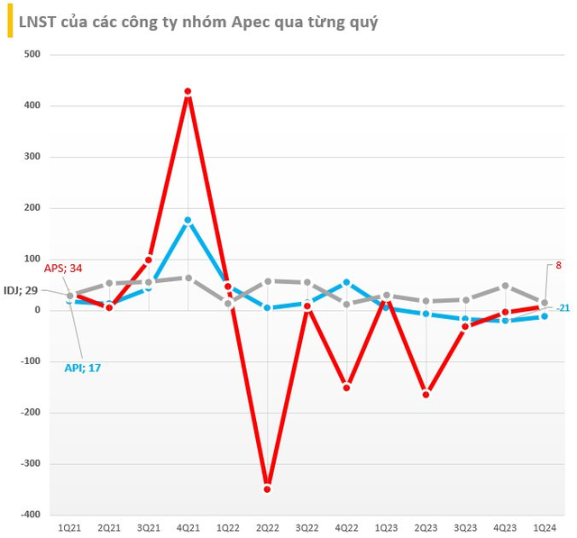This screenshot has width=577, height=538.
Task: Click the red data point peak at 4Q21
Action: [x=188, y=92]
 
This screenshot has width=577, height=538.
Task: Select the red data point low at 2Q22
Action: [x=267, y=488]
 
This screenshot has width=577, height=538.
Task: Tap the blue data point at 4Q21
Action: [x=188, y=220]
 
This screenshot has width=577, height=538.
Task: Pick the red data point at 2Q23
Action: [x=426, y=394]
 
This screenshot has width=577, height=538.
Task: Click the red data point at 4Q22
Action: [x=346, y=388]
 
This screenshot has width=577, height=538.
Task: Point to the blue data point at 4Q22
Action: [x=346, y=282]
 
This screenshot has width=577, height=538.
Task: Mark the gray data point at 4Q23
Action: [x=505, y=286]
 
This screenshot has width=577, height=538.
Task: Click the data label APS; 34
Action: [x=63, y=267]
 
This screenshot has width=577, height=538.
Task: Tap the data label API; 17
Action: [x=84, y=368]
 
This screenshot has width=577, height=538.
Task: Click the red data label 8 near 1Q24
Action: [x=559, y=266]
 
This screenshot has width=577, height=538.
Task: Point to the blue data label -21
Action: [x=563, y=308]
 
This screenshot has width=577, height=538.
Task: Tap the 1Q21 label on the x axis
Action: [x=69, y=526]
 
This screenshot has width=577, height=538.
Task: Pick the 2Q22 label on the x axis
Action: [x=267, y=526]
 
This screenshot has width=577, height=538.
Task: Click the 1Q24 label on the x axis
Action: [x=545, y=526]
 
